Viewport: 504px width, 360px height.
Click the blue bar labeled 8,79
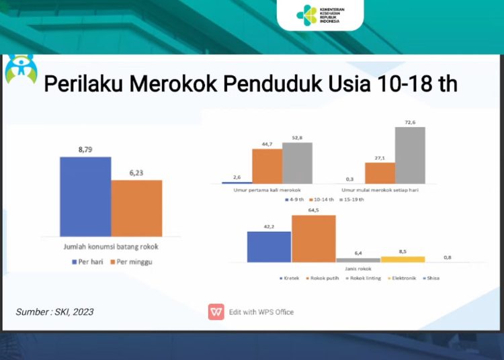coord(85,195)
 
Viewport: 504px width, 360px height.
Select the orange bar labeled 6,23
coord(136,208)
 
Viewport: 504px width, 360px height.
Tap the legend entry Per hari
coord(87,262)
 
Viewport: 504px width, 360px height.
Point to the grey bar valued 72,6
coord(410,154)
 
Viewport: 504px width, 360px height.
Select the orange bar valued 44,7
coord(267,166)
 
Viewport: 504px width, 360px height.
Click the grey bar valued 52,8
coord(298,163)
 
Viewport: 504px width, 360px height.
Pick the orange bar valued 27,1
coord(380,173)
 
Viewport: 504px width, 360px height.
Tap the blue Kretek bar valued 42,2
coord(269,246)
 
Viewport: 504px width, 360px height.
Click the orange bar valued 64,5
coord(313,238)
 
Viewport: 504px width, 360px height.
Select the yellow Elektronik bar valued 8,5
coord(403,259)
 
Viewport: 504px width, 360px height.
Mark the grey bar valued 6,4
coord(358,260)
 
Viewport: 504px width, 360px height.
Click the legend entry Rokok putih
coord(325,277)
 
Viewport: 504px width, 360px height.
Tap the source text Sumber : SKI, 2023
coord(55,312)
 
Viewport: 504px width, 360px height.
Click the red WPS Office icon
coord(216,312)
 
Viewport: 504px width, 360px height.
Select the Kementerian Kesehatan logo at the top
coord(319,14)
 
